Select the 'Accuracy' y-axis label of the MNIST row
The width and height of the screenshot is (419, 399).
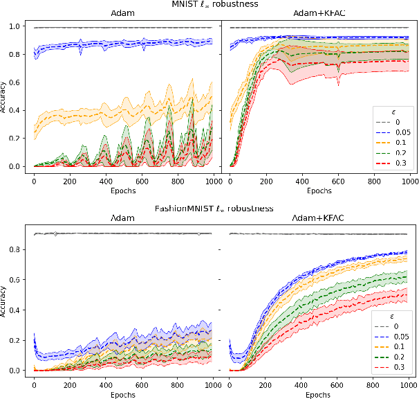point(5,97)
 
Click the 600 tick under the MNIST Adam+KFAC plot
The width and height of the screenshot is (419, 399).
point(337,180)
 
